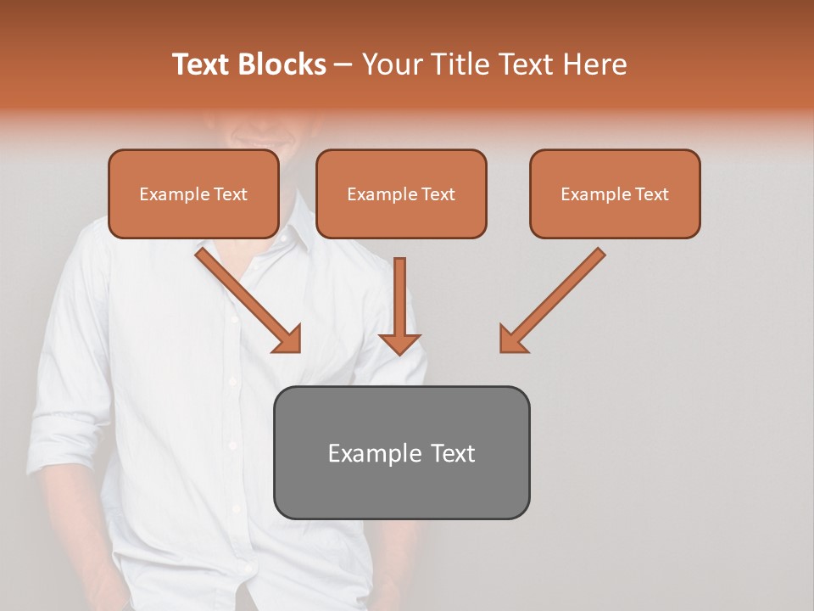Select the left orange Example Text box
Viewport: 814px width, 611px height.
click(193, 194)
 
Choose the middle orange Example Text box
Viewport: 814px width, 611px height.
click(401, 194)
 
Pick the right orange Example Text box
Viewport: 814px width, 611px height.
click(615, 194)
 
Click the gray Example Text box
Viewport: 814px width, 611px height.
click(401, 452)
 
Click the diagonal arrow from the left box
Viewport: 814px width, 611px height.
click(246, 298)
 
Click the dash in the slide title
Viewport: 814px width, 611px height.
click(343, 65)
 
